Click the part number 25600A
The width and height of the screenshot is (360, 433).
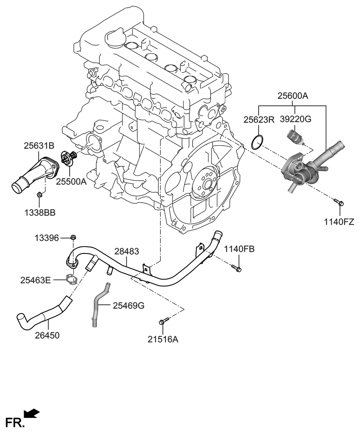293,96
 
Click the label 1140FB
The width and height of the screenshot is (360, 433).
239,249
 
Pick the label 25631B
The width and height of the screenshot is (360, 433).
39,145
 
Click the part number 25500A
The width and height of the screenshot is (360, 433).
71,182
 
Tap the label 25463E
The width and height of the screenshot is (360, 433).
36,280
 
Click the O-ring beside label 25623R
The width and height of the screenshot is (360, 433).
256,143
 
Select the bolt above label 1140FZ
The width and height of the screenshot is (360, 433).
338,202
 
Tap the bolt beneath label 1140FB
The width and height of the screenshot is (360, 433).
236,268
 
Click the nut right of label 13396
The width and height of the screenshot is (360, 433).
73,237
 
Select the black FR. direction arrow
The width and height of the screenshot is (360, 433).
32,414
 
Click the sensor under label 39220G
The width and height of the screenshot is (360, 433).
295,137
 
